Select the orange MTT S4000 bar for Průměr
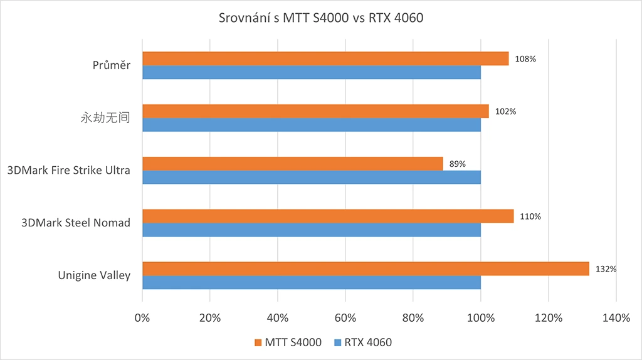(325, 58)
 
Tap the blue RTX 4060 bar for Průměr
(312, 72)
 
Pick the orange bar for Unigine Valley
(366, 268)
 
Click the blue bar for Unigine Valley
(312, 282)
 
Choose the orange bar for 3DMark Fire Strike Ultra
(293, 164)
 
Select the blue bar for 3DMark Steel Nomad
(312, 230)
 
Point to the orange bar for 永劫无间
(315, 111)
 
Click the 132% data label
(606, 269)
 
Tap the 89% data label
(458, 164)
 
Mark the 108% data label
(525, 59)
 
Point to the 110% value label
(530, 216)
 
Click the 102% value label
(505, 112)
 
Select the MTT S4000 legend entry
(288, 342)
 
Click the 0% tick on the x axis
(142, 318)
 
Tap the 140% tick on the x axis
(616, 318)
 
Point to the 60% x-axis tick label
(345, 318)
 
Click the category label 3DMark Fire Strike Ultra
(68, 170)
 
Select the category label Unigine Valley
(94, 275)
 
